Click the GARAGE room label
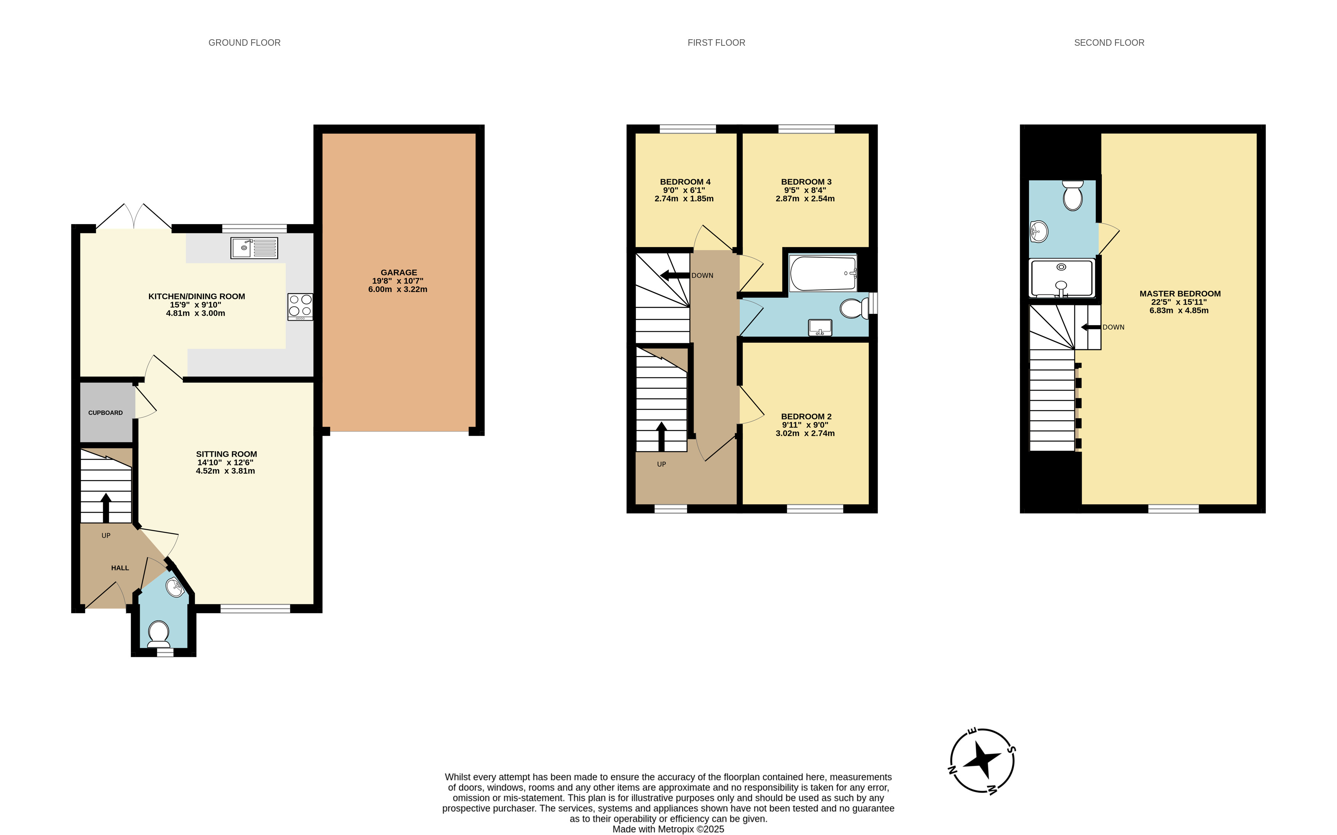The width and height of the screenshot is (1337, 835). click(398, 272)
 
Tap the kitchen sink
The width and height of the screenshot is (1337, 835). click(254, 248)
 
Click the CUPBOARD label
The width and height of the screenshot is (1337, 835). click(106, 413)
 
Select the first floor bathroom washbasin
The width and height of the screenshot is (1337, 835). click(820, 328)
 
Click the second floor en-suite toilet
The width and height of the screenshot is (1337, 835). click(1072, 196)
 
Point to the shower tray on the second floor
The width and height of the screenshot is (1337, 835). click(1061, 278)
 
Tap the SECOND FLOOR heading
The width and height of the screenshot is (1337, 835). click(1109, 43)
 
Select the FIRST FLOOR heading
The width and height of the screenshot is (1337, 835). click(716, 43)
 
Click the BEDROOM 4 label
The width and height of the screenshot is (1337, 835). click(685, 182)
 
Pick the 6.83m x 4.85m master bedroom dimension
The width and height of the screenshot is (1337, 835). click(1179, 310)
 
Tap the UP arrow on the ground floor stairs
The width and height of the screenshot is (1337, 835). click(106, 507)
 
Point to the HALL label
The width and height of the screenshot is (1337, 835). click(120, 568)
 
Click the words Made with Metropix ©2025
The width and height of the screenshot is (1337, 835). click(668, 829)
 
